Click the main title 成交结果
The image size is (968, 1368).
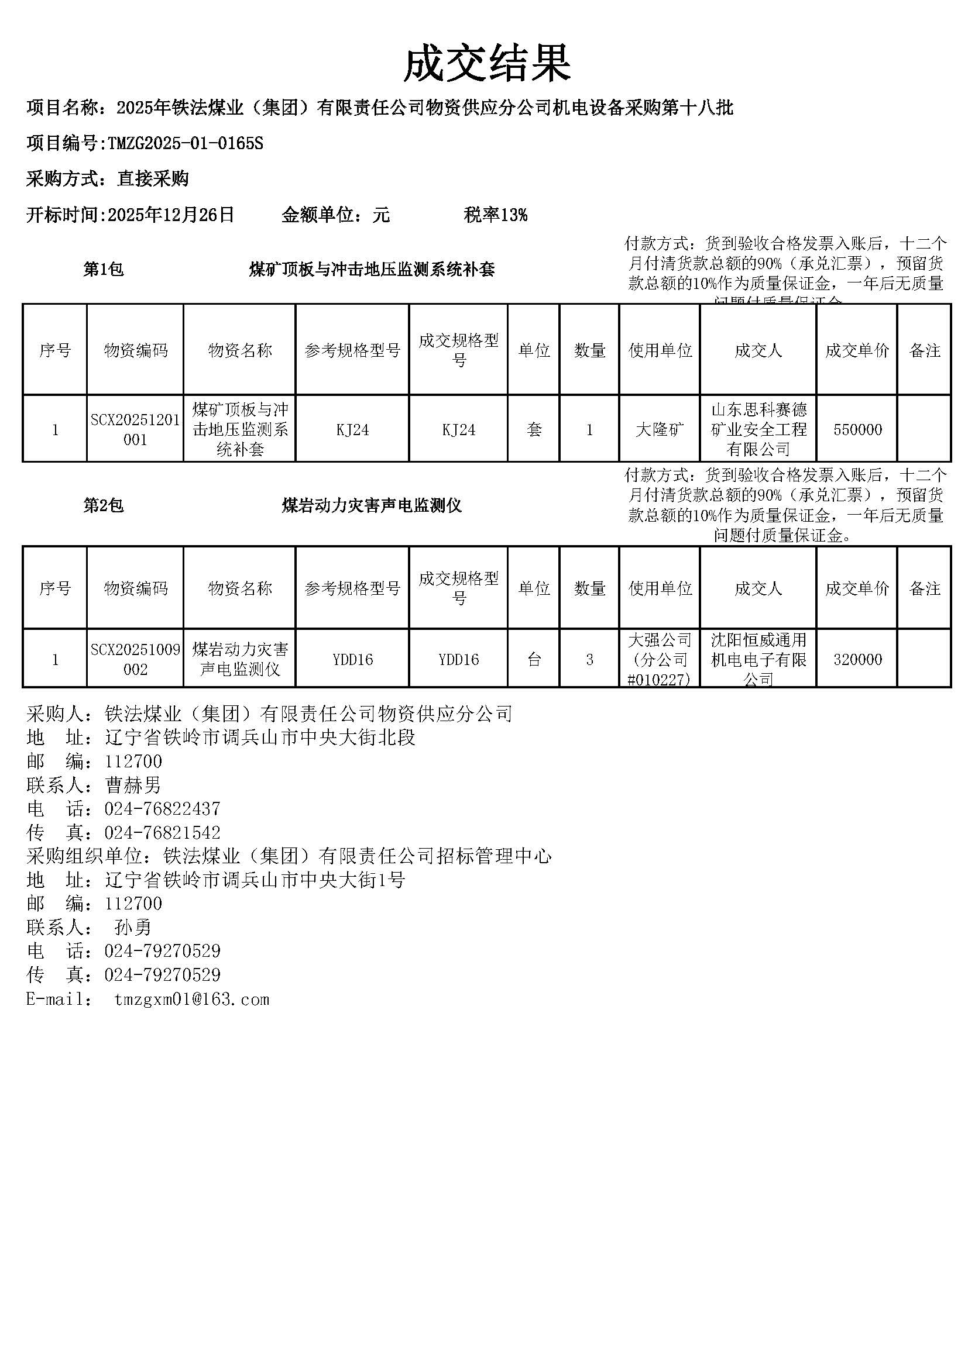point(487,64)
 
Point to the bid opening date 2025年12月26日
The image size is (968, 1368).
point(170,215)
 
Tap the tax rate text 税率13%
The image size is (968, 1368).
point(495,215)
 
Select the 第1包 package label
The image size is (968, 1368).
point(103,269)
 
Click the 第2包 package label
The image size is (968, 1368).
point(103,506)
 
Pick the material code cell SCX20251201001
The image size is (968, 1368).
point(135,430)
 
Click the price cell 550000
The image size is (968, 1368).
point(857,430)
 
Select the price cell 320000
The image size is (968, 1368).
point(857,659)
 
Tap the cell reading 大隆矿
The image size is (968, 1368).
point(659,430)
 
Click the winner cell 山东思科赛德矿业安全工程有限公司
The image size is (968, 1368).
point(758,430)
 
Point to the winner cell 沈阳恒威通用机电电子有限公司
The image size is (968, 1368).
point(758,659)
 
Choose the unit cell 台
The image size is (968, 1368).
point(534,659)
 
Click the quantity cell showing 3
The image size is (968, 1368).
point(589,659)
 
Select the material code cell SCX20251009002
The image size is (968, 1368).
point(135,659)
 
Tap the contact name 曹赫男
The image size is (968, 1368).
point(133,785)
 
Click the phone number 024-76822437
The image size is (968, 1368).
point(162,808)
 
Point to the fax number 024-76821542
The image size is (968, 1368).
point(162,832)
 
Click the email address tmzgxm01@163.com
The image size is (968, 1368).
point(191,999)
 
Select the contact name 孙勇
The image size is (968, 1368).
point(133,927)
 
